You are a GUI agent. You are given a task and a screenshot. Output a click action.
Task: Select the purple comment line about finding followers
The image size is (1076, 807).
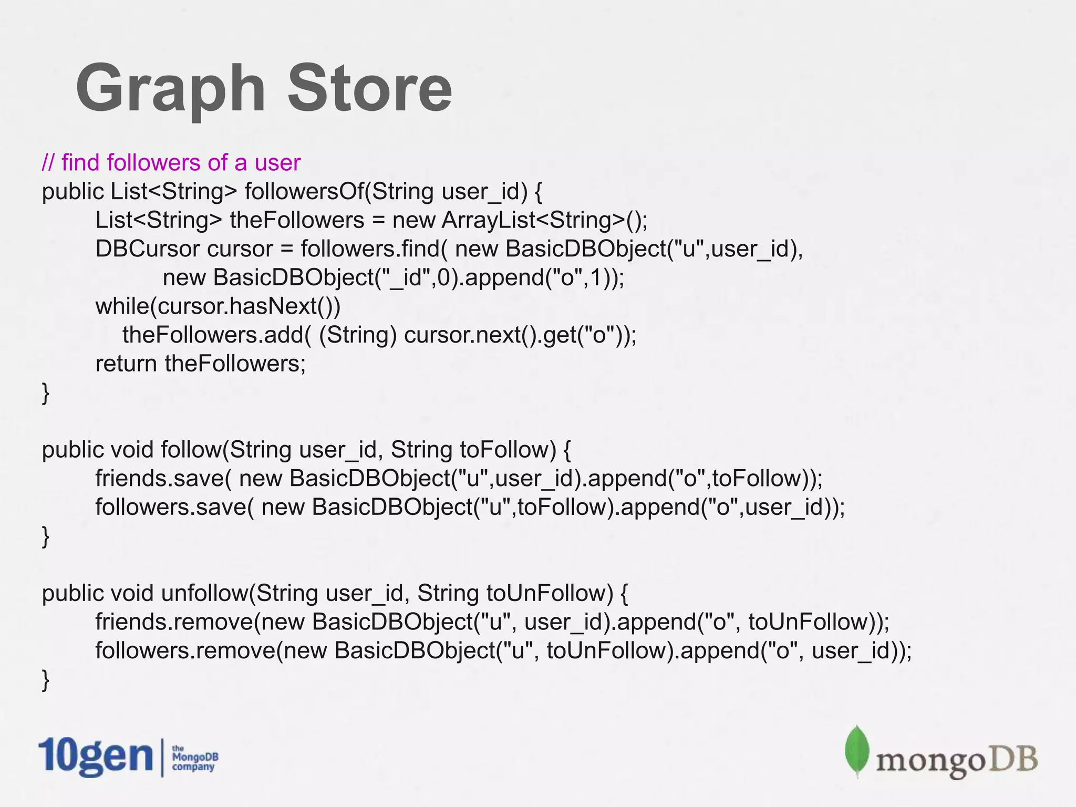click(171, 162)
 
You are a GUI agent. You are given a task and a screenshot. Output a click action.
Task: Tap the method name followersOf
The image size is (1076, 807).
click(304, 191)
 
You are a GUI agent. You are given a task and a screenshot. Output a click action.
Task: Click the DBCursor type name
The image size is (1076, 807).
click(147, 249)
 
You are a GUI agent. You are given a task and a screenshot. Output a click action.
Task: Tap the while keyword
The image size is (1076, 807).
click(122, 306)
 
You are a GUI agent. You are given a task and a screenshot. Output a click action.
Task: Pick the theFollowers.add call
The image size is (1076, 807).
click(213, 335)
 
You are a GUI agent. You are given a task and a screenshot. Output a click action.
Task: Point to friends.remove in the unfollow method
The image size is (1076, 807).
click(173, 622)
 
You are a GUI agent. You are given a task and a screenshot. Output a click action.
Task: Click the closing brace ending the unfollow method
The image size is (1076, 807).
click(46, 680)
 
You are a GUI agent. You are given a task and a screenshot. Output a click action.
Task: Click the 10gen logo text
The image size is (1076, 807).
click(95, 757)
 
